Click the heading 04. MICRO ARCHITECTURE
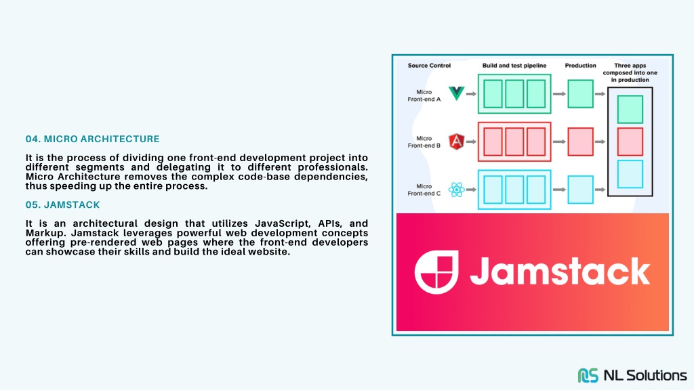[x=92, y=139]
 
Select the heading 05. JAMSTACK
[x=62, y=204]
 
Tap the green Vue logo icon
[x=456, y=93]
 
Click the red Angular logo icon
[x=456, y=142]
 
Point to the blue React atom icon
[x=456, y=190]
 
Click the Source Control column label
[x=429, y=66]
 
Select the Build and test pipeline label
[x=514, y=66]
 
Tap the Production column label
[x=580, y=66]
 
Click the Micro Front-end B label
[x=424, y=142]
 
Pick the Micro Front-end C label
[x=424, y=190]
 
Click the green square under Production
[x=580, y=93]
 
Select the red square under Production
[x=580, y=142]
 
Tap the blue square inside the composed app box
[x=630, y=174]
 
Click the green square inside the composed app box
[x=630, y=109]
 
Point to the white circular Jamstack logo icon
[x=436, y=272]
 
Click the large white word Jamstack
[x=560, y=271]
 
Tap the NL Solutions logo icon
[x=588, y=375]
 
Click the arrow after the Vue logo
[x=472, y=93]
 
